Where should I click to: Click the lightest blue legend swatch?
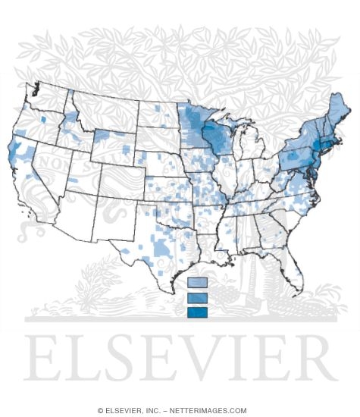coord(197,284)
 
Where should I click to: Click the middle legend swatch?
coord(197,297)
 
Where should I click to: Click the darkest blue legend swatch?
coord(197,311)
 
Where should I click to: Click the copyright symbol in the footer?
coord(101,409)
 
